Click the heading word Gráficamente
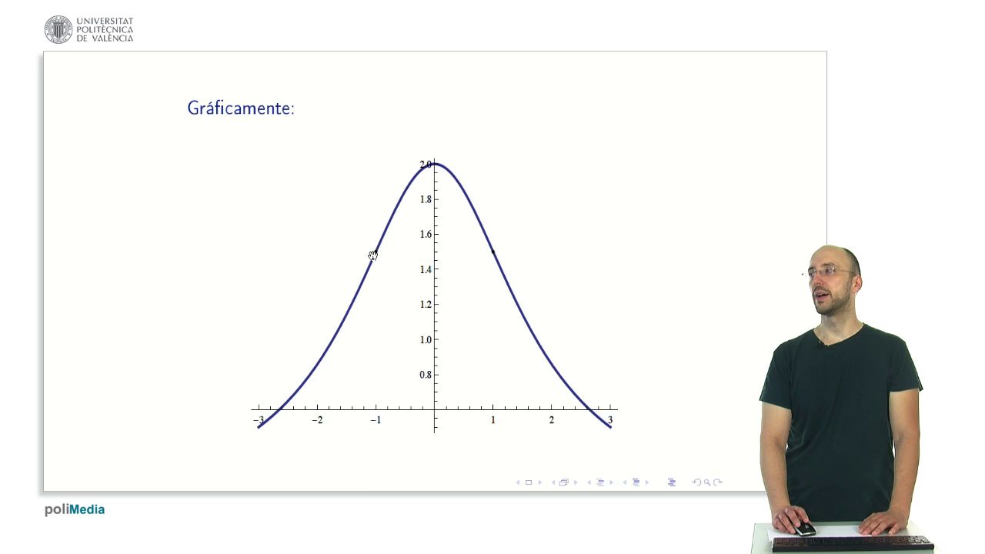tap(241, 108)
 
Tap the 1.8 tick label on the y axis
tap(426, 199)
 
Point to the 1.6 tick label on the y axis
tap(426, 235)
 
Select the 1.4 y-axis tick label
tap(426, 269)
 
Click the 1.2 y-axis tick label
tap(426, 305)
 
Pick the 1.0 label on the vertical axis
tap(426, 340)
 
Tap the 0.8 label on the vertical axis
tap(426, 375)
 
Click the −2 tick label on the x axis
tap(317, 420)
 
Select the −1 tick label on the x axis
tap(376, 420)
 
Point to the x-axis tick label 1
tap(493, 420)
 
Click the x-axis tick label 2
tap(552, 420)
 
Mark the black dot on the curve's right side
tap(493, 252)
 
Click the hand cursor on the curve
tap(373, 255)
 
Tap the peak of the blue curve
tap(435, 164)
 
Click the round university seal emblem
tap(58, 29)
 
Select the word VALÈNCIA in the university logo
tap(112, 38)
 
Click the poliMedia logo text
tap(75, 510)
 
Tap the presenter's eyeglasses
tap(830, 272)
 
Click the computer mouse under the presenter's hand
tap(805, 529)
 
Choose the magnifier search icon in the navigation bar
tap(707, 482)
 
